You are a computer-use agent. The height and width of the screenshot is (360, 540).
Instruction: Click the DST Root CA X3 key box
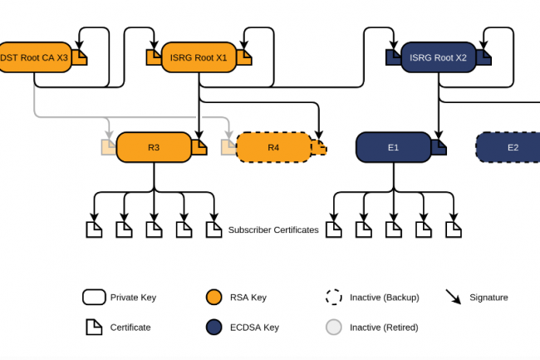point(33,57)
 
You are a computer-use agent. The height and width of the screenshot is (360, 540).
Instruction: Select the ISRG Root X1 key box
point(198,57)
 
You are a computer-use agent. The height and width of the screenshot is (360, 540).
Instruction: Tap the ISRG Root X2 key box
point(438,58)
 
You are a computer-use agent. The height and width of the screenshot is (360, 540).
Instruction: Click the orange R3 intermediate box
point(154,147)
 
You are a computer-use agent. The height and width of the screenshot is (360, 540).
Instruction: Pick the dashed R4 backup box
point(273,147)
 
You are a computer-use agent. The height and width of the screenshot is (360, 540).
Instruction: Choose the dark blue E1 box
point(393,147)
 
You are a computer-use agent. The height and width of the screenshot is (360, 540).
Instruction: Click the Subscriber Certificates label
point(273,229)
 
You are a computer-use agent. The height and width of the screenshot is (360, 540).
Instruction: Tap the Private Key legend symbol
point(93,297)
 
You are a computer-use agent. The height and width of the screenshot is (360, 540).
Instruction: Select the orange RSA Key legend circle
point(214,297)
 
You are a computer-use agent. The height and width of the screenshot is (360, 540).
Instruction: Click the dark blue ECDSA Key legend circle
point(214,327)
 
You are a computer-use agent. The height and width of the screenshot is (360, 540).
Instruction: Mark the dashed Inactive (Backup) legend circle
point(334,297)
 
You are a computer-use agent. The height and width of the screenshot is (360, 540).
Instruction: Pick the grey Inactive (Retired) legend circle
point(334,327)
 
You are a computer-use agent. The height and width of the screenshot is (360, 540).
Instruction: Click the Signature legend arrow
point(454,297)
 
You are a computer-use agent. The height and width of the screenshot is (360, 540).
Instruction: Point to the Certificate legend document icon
point(93,327)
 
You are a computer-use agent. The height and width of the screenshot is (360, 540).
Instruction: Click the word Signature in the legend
point(488,297)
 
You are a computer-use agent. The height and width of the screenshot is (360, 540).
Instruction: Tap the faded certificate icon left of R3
point(109,147)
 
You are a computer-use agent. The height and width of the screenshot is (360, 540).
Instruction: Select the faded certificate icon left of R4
point(228,147)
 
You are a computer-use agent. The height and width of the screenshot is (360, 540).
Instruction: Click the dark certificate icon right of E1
point(438,147)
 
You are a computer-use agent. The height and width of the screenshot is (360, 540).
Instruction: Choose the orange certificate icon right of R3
point(199,147)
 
